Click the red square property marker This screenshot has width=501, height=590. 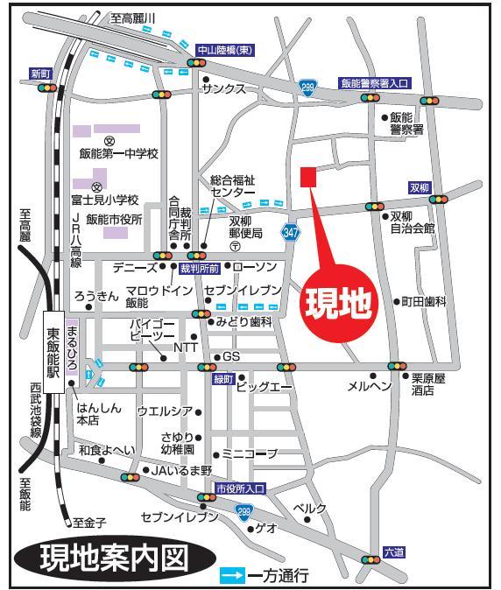[x=307, y=177]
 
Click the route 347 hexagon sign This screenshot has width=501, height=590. [x=291, y=232]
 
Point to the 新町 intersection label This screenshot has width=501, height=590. [x=41, y=74]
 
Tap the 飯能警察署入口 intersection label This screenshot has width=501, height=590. [x=374, y=83]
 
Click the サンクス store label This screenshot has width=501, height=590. [x=222, y=90]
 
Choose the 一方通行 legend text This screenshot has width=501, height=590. [x=279, y=576]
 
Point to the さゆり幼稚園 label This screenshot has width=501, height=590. [x=177, y=442]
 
